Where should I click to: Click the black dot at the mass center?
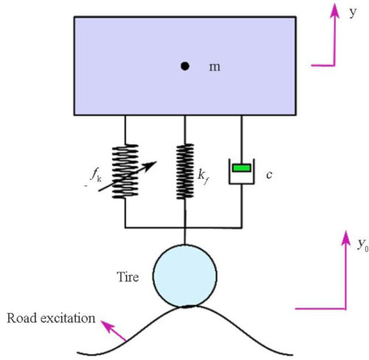tap(185, 66)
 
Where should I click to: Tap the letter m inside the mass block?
tap(214, 67)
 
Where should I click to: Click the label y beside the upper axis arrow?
tap(353, 13)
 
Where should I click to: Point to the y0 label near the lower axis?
tap(363, 245)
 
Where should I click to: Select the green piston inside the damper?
tap(242, 168)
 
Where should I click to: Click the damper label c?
tap(269, 175)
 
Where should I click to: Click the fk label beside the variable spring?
tap(96, 175)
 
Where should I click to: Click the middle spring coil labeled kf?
tap(185, 172)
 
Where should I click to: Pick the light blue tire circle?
tap(185, 276)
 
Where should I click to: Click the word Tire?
tap(127, 277)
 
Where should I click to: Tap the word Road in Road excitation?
tap(22, 318)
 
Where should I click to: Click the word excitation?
tap(68, 318)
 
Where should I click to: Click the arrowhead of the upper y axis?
tap(334, 11)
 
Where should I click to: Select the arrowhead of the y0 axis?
tap(346, 238)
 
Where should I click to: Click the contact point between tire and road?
tap(186, 307)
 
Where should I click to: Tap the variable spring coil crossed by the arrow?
tap(125, 172)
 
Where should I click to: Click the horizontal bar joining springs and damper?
tap(183, 227)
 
